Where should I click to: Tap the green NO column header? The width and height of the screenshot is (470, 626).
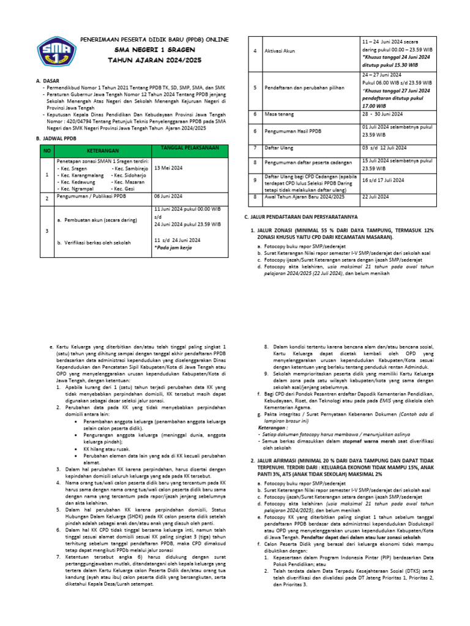coord(46,150)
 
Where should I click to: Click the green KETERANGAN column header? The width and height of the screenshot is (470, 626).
coord(102,150)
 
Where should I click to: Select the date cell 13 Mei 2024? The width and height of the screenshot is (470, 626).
coord(169,167)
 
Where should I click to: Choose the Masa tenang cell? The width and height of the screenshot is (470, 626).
coord(278,114)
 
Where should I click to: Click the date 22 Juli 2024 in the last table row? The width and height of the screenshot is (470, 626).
coord(376,197)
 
